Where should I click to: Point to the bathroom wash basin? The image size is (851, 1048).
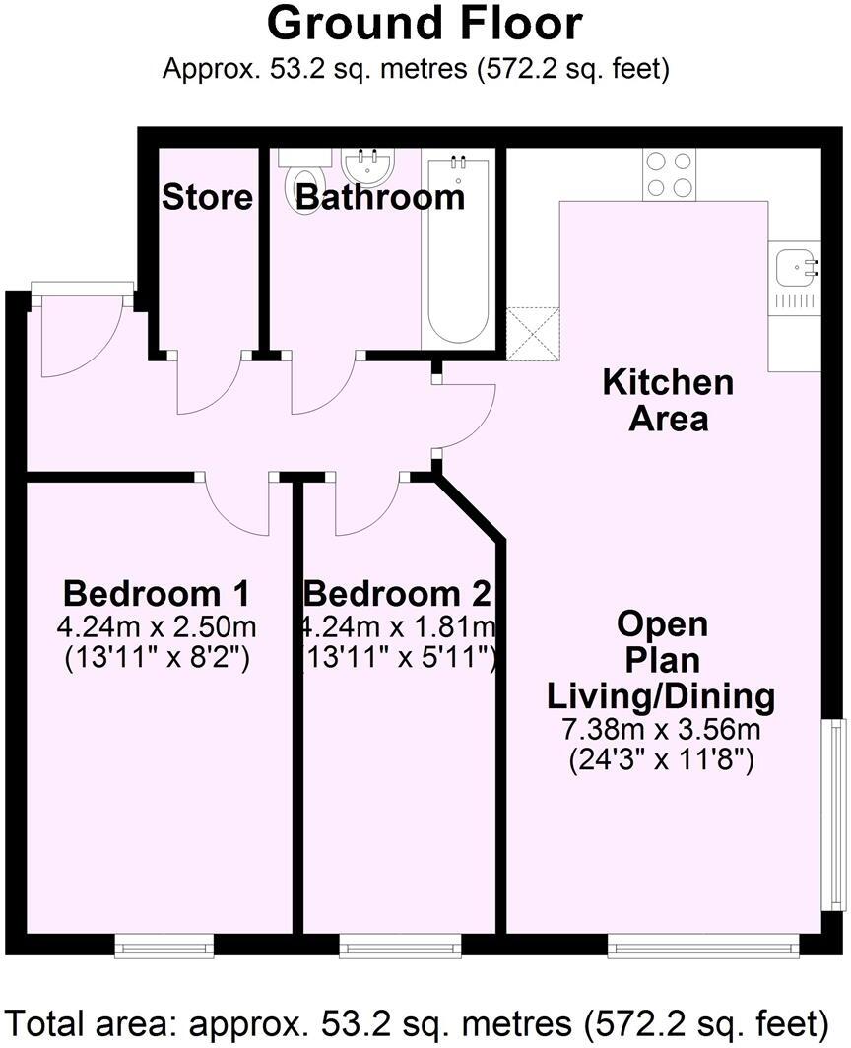368,162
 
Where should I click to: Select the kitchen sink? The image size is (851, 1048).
795,266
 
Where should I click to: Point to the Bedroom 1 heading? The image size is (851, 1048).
156,594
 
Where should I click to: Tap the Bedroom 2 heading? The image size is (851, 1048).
397,594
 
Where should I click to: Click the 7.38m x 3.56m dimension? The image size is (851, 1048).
662,730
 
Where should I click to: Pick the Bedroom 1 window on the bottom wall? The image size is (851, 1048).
164,947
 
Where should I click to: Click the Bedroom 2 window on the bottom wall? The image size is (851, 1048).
400,947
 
